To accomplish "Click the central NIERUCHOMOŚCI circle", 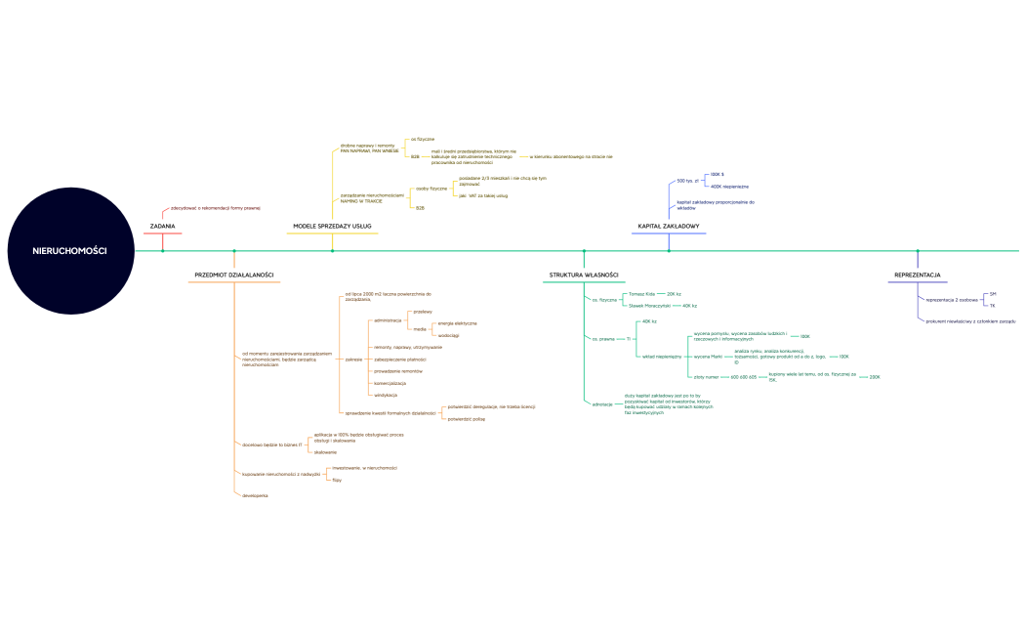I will [x=69, y=251].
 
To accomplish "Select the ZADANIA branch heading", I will [x=163, y=227].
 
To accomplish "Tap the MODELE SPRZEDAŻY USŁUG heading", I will [x=332, y=227].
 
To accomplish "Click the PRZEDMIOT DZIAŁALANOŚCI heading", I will [x=234, y=275].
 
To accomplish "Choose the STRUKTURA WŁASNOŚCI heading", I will [x=584, y=275].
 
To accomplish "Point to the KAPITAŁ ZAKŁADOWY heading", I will [x=669, y=227].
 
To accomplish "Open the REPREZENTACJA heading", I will [x=917, y=275].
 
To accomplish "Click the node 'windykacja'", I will [x=386, y=395].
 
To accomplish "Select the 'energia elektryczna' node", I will [x=457, y=322].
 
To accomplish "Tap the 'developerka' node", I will [x=255, y=496].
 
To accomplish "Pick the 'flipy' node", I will [x=337, y=480].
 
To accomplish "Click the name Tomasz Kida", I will [x=641, y=293].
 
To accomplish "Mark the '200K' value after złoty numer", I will [x=875, y=376].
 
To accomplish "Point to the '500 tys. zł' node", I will [x=688, y=181].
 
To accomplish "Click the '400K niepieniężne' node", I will [x=729, y=186].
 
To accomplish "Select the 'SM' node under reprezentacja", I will [x=993, y=293].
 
